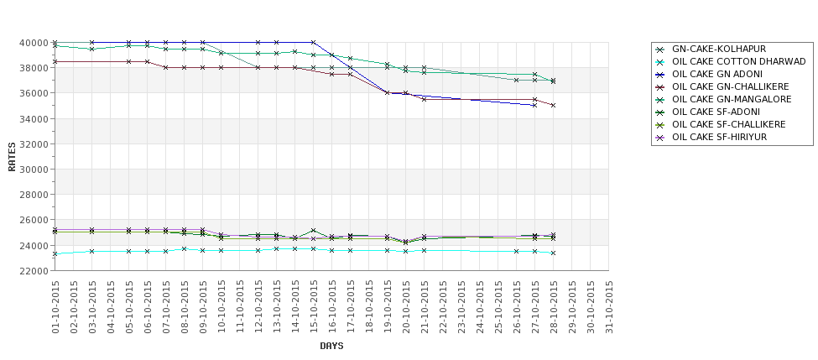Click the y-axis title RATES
coord(12,156)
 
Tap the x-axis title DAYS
coord(331,346)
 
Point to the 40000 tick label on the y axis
coord(33,43)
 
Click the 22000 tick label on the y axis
coord(33,271)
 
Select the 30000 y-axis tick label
coord(33,170)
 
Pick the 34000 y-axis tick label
coord(33,119)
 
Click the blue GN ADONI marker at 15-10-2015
coord(313,42)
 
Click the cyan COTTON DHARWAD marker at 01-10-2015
coord(55,253)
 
